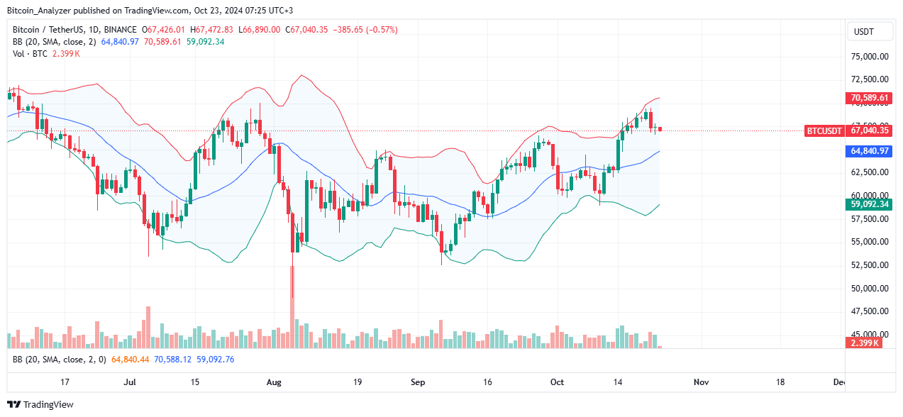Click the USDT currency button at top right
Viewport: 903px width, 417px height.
coord(863,32)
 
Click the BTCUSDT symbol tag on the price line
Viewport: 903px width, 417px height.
coord(824,130)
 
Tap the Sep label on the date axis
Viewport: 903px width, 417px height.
coord(418,382)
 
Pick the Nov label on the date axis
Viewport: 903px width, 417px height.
coord(701,382)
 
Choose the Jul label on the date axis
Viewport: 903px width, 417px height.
coord(130,382)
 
